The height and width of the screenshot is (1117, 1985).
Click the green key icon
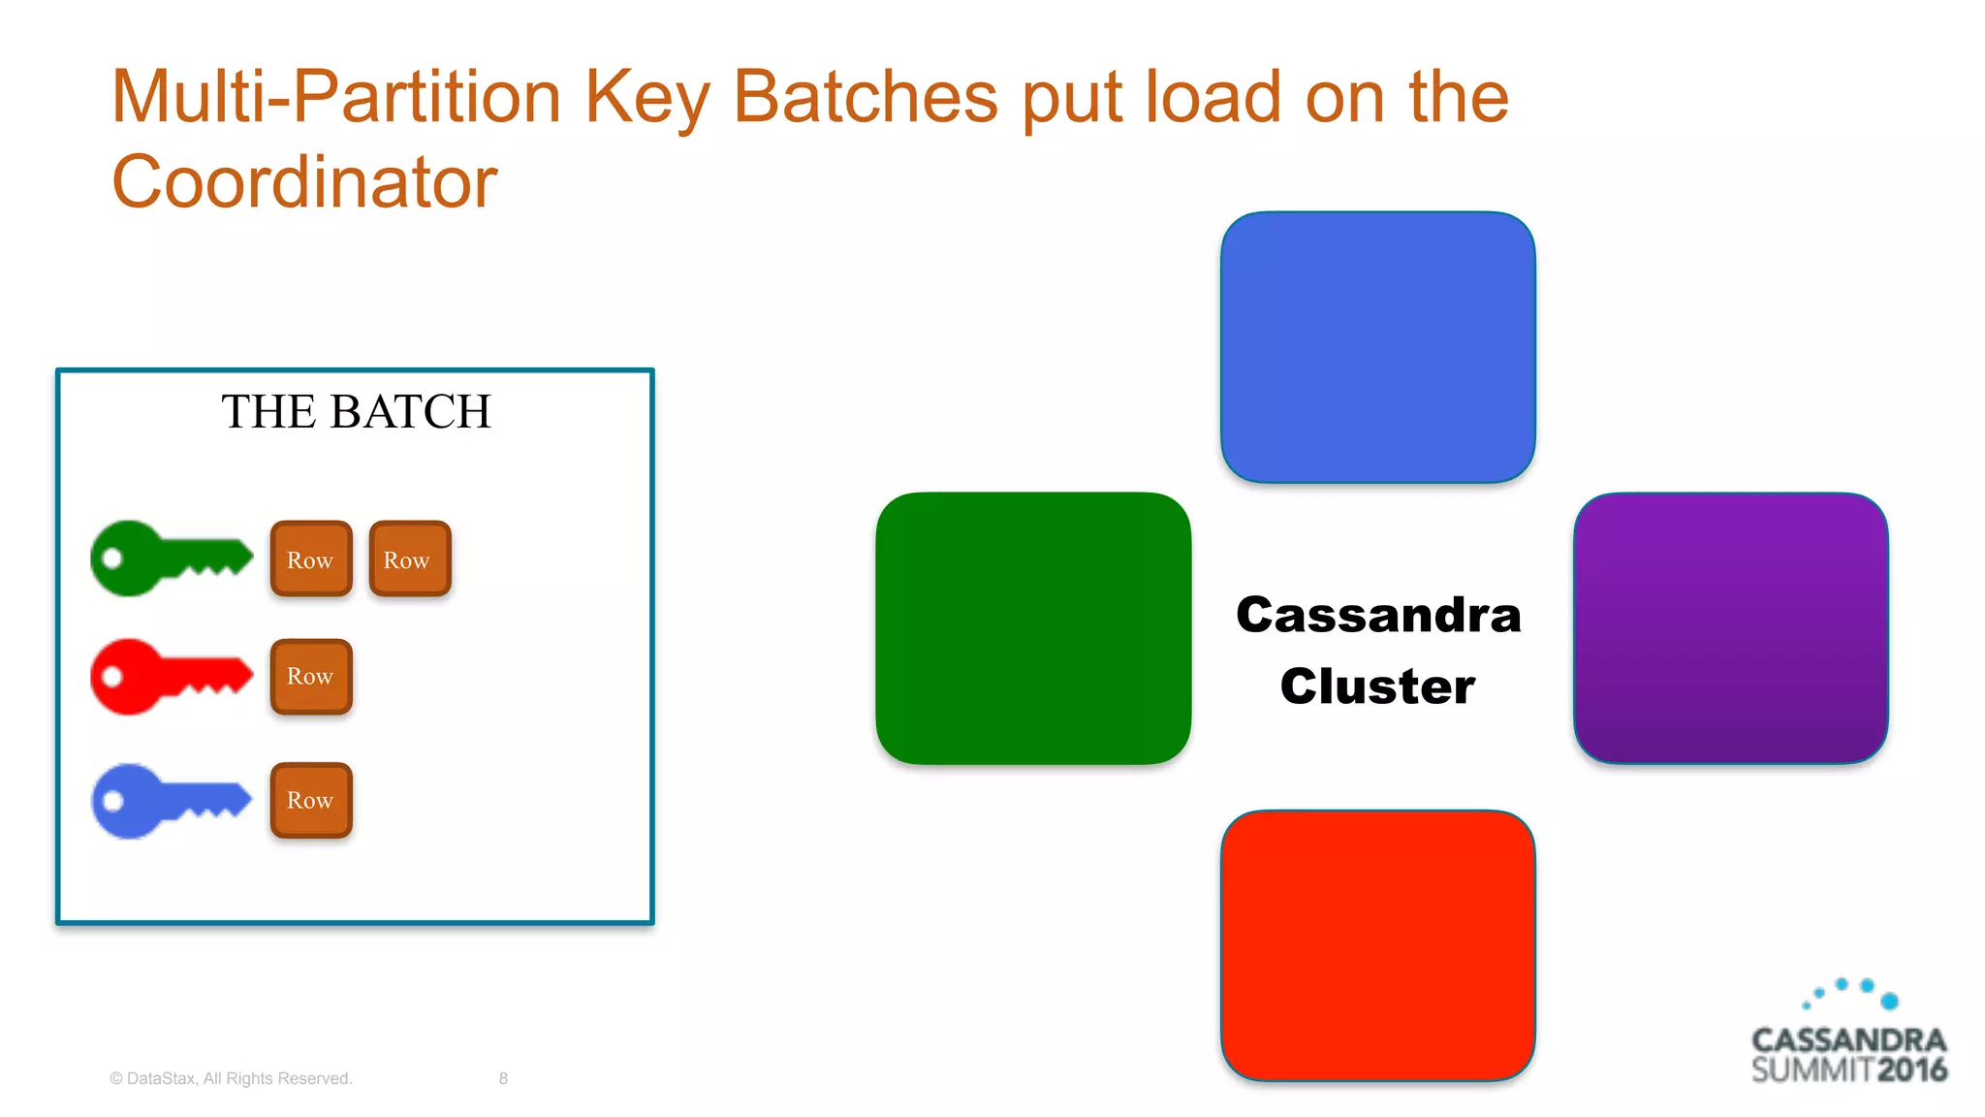tap(171, 558)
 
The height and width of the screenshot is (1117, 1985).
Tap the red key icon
tap(171, 677)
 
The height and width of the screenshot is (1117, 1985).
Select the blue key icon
tap(171, 801)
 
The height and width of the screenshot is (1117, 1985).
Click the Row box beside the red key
tap(311, 677)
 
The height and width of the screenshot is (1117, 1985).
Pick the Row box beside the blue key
tap(311, 801)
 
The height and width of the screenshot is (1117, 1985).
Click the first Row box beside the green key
tap(311, 559)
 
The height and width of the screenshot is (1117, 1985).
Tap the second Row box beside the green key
tap(409, 559)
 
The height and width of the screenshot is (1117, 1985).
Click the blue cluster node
tap(1377, 347)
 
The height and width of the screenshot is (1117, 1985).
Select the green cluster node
tap(1033, 628)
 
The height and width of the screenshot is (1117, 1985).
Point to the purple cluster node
tap(1731, 628)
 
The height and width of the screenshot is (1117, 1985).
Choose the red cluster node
tap(1377, 945)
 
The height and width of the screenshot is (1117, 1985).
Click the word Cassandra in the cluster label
tap(1378, 616)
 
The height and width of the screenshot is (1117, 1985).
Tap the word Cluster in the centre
tap(1377, 686)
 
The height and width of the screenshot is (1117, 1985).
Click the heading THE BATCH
tap(356, 412)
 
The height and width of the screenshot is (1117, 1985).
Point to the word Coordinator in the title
tap(304, 182)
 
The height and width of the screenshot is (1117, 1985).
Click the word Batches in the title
tap(865, 97)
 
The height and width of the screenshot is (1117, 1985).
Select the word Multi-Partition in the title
tap(336, 97)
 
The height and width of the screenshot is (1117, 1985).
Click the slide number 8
tap(503, 1078)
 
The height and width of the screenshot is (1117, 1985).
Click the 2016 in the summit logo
tap(1911, 1070)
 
